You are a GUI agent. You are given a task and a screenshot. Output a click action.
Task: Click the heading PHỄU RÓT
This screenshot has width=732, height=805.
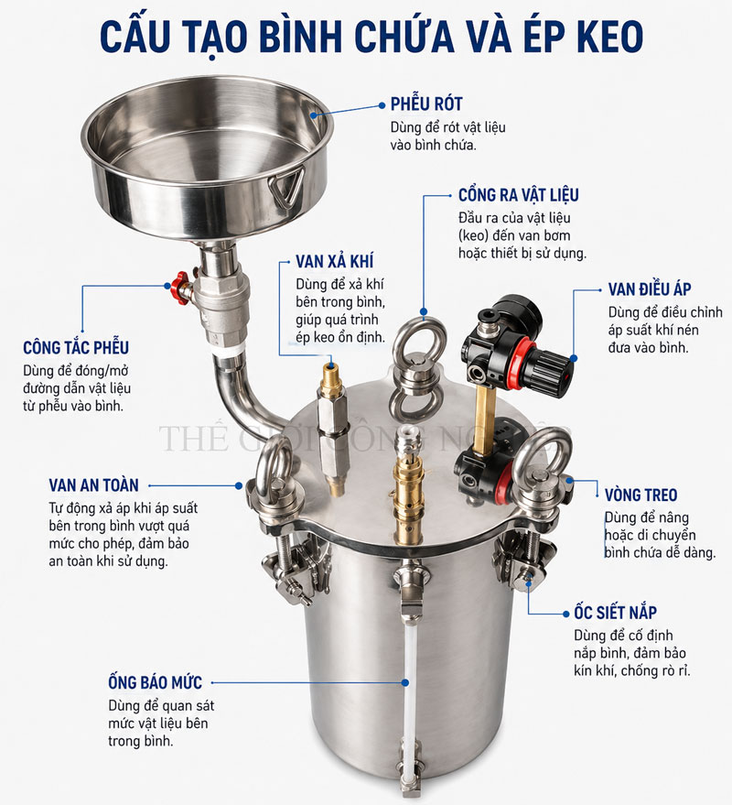(426, 104)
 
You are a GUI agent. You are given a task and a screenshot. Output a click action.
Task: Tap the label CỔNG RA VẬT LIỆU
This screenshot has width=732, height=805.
(518, 195)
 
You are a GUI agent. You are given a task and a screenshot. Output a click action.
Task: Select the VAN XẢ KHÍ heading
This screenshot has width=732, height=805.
(335, 261)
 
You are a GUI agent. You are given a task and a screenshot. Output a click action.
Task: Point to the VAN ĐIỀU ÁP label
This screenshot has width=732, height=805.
(650, 288)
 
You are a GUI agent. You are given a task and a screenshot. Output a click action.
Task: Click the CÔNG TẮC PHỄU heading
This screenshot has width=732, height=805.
(76, 348)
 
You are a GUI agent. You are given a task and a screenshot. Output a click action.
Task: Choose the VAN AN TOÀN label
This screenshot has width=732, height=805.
(94, 485)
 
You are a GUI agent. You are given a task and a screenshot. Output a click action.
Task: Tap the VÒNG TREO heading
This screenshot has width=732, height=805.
(640, 495)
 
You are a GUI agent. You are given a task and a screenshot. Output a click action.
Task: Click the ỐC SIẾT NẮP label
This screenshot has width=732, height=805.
(615, 613)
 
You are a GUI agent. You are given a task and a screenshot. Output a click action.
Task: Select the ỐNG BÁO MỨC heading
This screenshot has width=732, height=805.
(155, 682)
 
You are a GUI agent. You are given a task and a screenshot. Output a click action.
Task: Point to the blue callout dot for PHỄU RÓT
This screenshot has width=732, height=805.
(382, 105)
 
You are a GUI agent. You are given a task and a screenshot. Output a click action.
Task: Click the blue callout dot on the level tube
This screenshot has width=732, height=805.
(405, 683)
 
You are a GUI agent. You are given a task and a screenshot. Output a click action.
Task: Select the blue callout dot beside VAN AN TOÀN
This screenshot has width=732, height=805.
(239, 485)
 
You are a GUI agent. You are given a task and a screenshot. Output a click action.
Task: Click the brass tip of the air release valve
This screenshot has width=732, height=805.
(331, 371)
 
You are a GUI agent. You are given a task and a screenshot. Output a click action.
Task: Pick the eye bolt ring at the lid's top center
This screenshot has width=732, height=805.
(420, 342)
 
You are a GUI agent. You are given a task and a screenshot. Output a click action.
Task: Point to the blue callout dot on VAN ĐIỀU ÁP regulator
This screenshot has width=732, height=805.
(574, 358)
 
